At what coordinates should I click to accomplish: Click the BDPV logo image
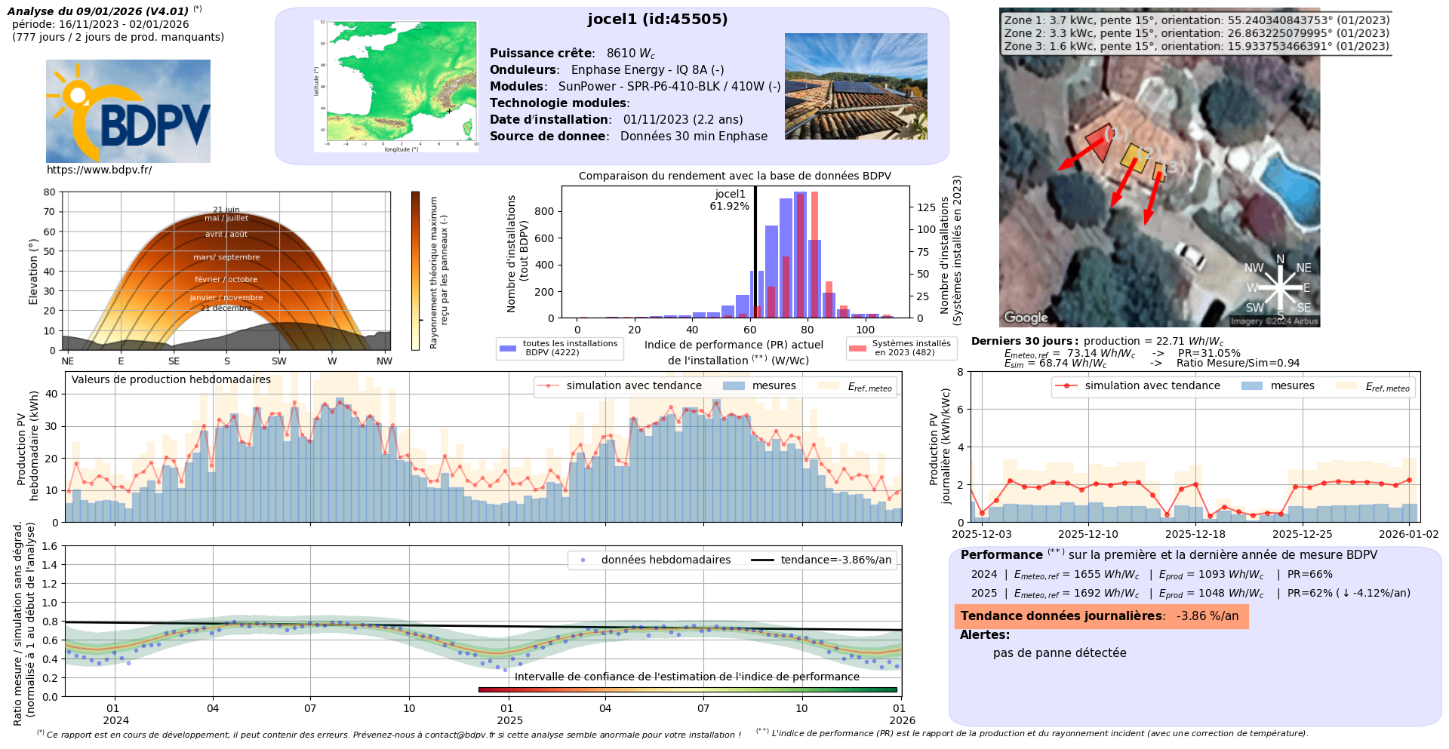click(x=128, y=111)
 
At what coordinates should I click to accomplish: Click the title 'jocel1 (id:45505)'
click(x=657, y=19)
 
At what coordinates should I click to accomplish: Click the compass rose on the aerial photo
click(x=1280, y=288)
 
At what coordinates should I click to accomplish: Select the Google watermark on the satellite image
click(x=1026, y=318)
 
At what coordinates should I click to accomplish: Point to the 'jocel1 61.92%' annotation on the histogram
click(x=730, y=200)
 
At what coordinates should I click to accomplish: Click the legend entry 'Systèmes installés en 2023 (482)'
click(x=901, y=348)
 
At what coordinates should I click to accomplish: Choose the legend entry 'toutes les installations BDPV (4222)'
click(x=559, y=348)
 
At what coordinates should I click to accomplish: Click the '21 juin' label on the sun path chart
click(x=226, y=210)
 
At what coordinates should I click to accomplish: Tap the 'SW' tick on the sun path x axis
click(x=279, y=361)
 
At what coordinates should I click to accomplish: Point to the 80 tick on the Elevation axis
click(x=49, y=192)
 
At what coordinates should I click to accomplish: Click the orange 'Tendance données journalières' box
click(x=1100, y=616)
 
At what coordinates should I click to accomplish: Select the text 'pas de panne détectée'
click(x=1059, y=653)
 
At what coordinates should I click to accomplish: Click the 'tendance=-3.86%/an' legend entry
click(x=823, y=560)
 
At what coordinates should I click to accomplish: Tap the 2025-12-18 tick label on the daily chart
click(x=1195, y=534)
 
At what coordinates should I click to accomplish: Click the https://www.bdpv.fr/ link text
click(x=99, y=170)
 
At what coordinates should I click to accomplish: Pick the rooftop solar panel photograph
click(x=856, y=86)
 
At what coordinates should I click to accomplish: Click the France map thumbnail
click(x=396, y=86)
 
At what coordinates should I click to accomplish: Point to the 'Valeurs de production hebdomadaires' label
click(x=171, y=379)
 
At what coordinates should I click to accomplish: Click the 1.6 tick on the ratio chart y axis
click(x=49, y=546)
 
